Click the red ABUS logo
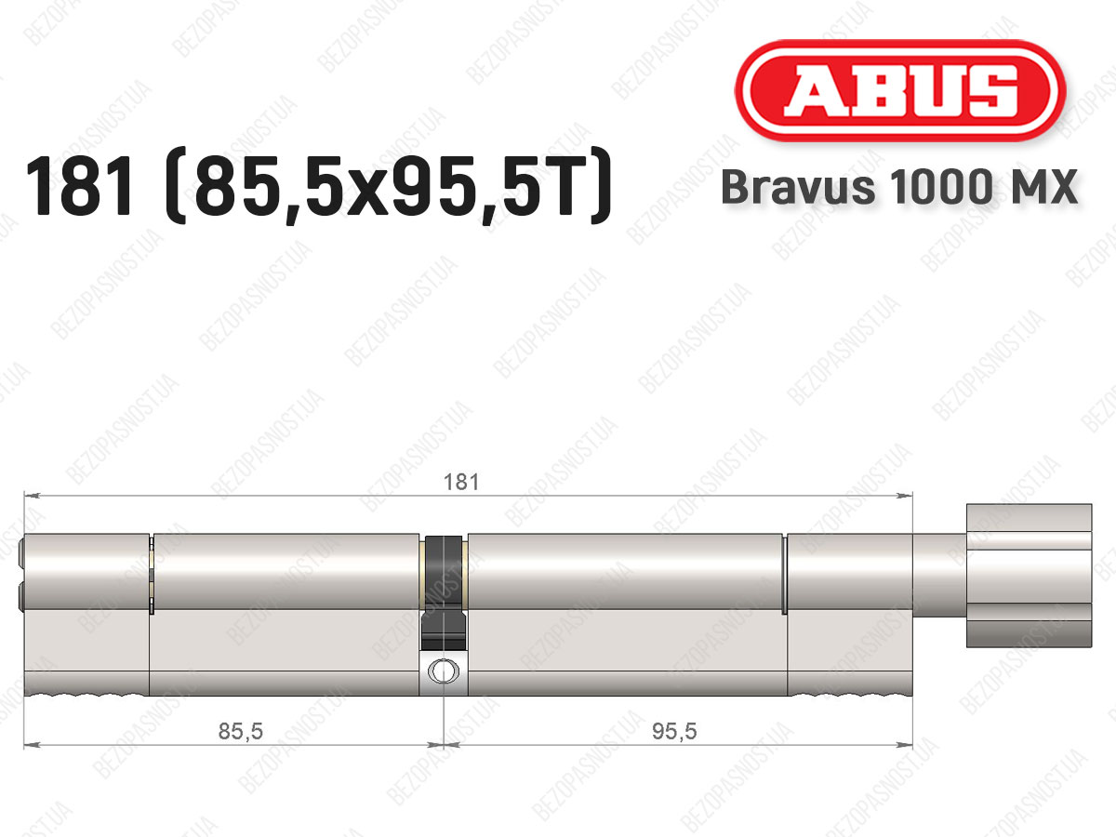pos(900,91)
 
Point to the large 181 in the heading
pos(81,187)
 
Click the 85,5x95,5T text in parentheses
pos(388,187)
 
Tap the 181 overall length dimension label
pos(461,482)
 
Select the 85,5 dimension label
pos(241,731)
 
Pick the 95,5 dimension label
pos(674,731)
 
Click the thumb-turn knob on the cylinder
pos(1029,576)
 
